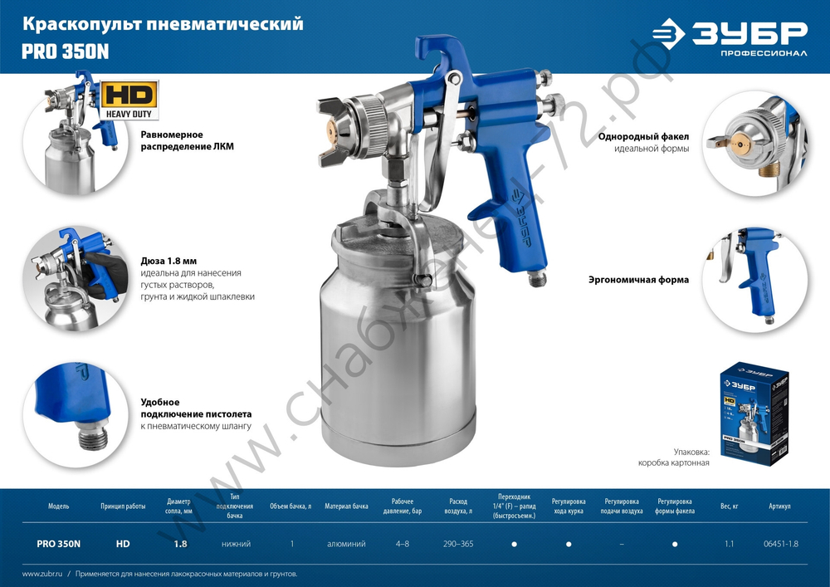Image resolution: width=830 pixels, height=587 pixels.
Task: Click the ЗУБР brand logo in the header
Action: [x=730, y=37]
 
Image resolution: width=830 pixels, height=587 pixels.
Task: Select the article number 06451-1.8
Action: [x=779, y=544]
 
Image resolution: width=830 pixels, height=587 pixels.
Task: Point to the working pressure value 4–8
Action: [x=402, y=544]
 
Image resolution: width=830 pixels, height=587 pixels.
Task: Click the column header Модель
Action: [x=59, y=506]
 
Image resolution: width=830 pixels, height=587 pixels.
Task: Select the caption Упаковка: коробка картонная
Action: [x=673, y=457]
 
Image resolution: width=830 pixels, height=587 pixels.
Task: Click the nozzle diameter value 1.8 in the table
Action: [x=180, y=544]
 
